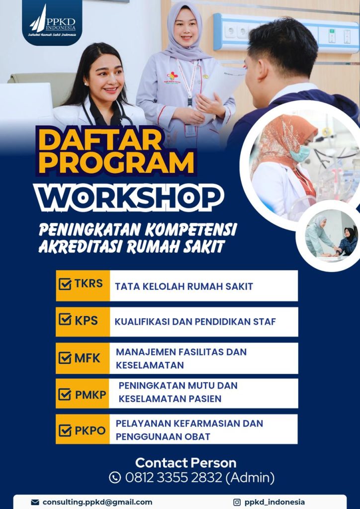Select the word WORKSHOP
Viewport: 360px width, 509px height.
[x=129, y=196]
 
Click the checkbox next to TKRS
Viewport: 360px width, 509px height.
[x=65, y=285]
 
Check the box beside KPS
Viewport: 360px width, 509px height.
[x=65, y=320]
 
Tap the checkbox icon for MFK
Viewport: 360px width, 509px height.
[x=65, y=358]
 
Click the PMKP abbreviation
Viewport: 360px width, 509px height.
[x=90, y=395]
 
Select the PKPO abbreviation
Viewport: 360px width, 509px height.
[x=90, y=431]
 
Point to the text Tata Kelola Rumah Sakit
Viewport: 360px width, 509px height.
[x=184, y=287]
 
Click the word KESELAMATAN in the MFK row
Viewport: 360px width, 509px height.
[x=150, y=365]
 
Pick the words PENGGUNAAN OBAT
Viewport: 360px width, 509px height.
[x=163, y=436]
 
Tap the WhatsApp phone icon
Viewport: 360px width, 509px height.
[x=115, y=478]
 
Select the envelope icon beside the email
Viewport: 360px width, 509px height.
[x=35, y=502]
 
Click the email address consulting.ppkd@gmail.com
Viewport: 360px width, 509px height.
[x=97, y=503]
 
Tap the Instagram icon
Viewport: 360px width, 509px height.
[x=237, y=502]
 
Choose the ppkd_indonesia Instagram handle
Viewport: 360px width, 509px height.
[x=274, y=503]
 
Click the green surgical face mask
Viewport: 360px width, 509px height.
[x=300, y=153]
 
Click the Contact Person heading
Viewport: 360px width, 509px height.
[x=185, y=462]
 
